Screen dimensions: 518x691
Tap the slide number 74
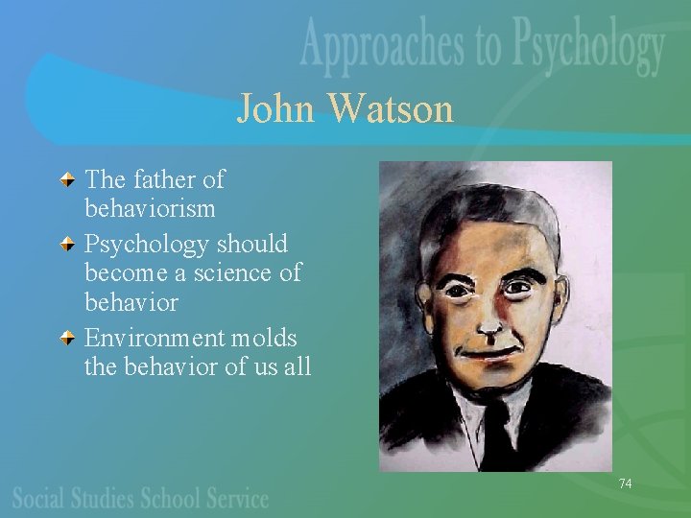[x=625, y=483]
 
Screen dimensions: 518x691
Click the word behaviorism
[x=150, y=208]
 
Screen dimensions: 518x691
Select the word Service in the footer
[x=234, y=498]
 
